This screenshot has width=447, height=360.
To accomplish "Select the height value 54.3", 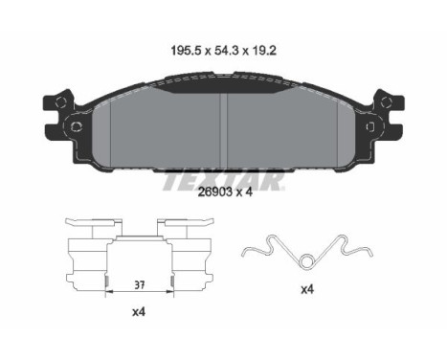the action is [x=223, y=51].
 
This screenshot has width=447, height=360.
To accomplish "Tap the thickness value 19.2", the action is [x=262, y=51].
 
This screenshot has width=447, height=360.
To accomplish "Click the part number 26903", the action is [x=214, y=191].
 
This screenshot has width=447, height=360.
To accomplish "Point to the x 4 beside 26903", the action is [x=244, y=191].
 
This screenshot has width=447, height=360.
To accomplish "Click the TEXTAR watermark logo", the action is [x=223, y=182].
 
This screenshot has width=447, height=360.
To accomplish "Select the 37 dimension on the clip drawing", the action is [x=140, y=284].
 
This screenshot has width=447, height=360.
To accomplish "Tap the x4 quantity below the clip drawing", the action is [x=139, y=312].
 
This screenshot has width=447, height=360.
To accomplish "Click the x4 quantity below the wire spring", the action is [x=307, y=289].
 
